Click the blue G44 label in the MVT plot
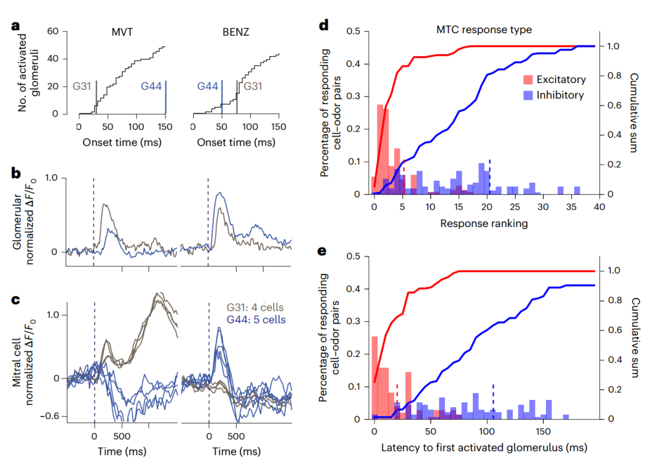point(151,87)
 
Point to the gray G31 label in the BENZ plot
point(253,87)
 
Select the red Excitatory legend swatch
point(527,79)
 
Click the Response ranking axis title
point(483,224)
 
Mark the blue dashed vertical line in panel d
point(490,175)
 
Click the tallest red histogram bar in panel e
point(375,377)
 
